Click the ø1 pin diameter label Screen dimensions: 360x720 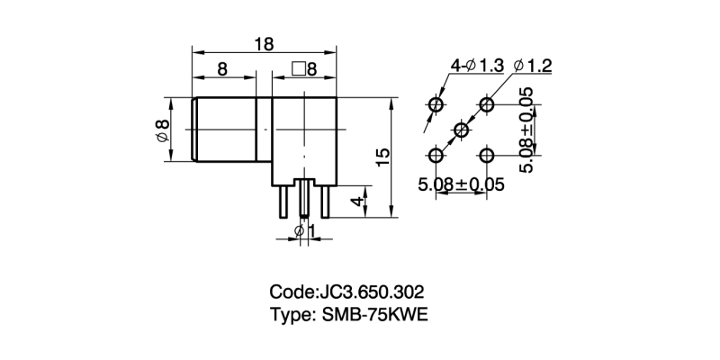pyautogui.click(x=305, y=231)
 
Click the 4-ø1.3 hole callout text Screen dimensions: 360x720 pyautogui.click(x=477, y=66)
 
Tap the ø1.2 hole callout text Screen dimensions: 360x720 pyautogui.click(x=532, y=66)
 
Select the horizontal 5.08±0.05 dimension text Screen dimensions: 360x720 pyautogui.click(x=460, y=184)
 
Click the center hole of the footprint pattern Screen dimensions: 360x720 pyautogui.click(x=461, y=131)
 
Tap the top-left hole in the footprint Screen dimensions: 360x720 pyautogui.click(x=436, y=106)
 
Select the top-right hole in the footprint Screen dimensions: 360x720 pyautogui.click(x=487, y=106)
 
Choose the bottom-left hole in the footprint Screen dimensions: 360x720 pyautogui.click(x=436, y=157)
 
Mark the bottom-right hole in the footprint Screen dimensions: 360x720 pyautogui.click(x=487, y=157)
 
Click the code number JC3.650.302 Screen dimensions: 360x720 pyautogui.click(x=368, y=292)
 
